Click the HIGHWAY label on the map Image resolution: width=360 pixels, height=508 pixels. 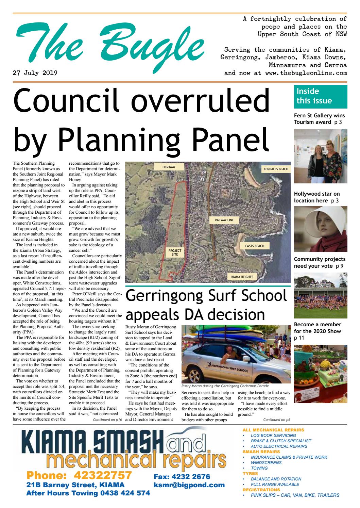pyautogui.click(x=169, y=167)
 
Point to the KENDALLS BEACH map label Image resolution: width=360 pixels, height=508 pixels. pyautogui.click(x=276, y=169)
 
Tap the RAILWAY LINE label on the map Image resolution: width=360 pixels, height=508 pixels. pyautogui.click(x=224, y=220)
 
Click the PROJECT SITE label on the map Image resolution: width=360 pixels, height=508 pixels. pyautogui.click(x=175, y=252)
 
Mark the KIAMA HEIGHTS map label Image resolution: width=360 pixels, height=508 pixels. pyautogui.click(x=242, y=277)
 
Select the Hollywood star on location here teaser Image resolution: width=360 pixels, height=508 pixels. pyautogui.click(x=316, y=197)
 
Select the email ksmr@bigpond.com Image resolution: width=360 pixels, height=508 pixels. pyautogui.click(x=189, y=485)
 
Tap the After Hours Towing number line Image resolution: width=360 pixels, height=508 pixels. pyautogui.click(x=88, y=493)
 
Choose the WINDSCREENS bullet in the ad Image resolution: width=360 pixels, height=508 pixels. pyautogui.click(x=266, y=462)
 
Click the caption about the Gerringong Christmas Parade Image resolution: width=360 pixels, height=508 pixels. pyautogui.click(x=225, y=386)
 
